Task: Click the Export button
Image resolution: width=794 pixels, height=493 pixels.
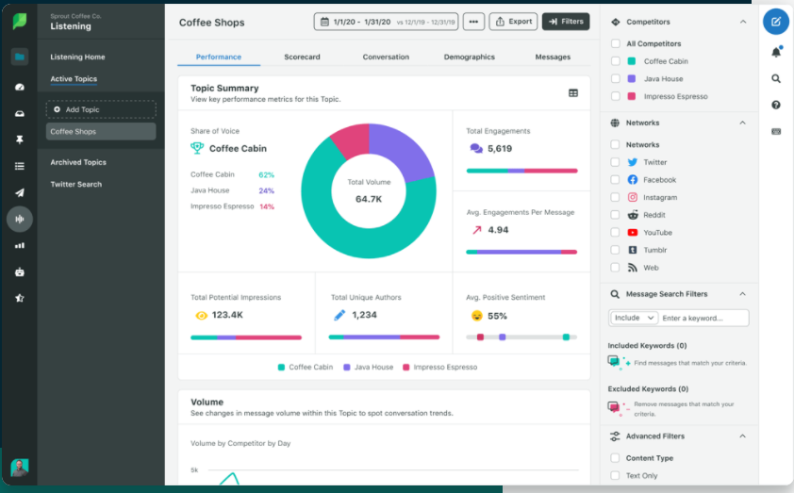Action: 513,21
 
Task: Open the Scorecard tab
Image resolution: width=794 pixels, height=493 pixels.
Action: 302,57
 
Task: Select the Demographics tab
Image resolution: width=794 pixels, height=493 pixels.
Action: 469,57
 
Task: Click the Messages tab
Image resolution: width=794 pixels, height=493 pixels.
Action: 553,57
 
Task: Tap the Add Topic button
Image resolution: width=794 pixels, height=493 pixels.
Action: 101,109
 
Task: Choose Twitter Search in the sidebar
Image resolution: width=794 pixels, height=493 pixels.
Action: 76,184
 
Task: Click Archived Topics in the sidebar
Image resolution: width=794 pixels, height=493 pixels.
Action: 78,162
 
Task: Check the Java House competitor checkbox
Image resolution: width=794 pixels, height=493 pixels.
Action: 616,79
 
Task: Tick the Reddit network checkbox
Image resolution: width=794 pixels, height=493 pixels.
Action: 616,215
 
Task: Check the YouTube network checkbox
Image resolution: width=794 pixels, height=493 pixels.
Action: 616,232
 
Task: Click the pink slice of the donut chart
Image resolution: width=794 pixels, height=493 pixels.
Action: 350,141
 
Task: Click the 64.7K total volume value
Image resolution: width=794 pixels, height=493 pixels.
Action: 369,199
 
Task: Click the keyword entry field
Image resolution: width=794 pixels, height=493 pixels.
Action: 703,319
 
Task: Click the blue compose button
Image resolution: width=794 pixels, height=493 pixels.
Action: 775,21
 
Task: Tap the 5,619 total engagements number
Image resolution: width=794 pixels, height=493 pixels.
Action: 500,148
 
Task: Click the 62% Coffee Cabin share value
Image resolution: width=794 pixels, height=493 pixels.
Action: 266,174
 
